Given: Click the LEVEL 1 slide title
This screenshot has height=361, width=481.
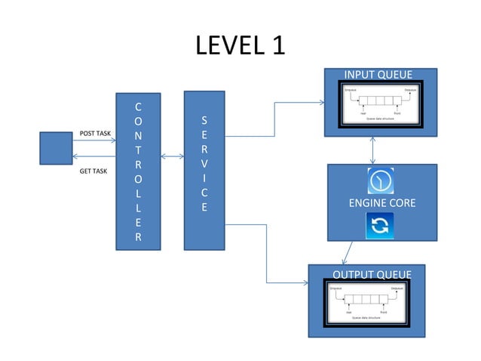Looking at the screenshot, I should click(x=240, y=45).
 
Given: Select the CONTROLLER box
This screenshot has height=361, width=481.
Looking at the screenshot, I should click(x=137, y=171).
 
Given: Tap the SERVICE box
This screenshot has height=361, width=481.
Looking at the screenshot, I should click(x=205, y=171).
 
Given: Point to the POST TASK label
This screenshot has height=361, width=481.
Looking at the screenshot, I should click(x=95, y=134).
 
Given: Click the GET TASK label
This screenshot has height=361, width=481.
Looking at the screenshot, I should click(x=93, y=171).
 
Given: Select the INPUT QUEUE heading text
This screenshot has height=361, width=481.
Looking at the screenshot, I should click(x=378, y=74).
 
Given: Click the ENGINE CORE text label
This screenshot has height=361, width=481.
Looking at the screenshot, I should click(x=381, y=203).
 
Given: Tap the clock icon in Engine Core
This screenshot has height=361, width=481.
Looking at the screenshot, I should click(x=381, y=181).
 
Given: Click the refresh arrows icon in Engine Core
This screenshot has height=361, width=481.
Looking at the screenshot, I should click(x=381, y=225).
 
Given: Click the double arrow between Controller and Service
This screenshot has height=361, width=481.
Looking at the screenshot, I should click(x=172, y=157).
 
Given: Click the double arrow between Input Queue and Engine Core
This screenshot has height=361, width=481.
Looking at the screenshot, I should click(x=374, y=150).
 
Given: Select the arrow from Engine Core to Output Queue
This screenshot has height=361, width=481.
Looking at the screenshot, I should click(x=348, y=252).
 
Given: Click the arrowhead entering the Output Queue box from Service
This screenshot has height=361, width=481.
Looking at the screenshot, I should click(x=305, y=284).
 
